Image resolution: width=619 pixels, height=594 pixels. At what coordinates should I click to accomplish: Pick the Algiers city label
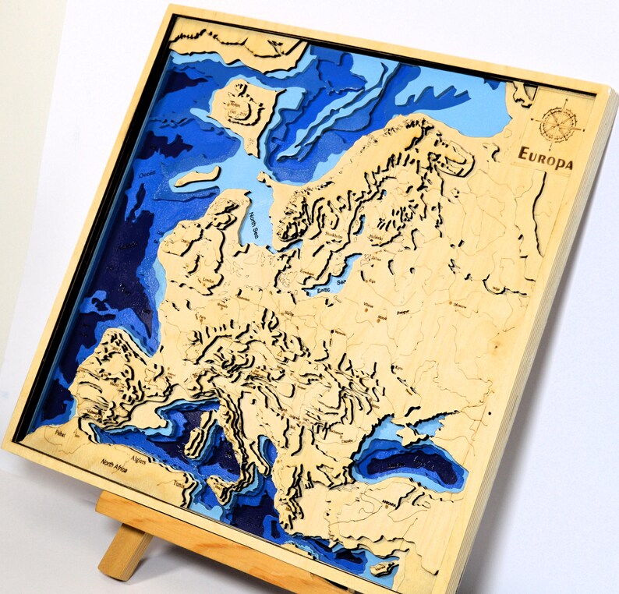[139, 460]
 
